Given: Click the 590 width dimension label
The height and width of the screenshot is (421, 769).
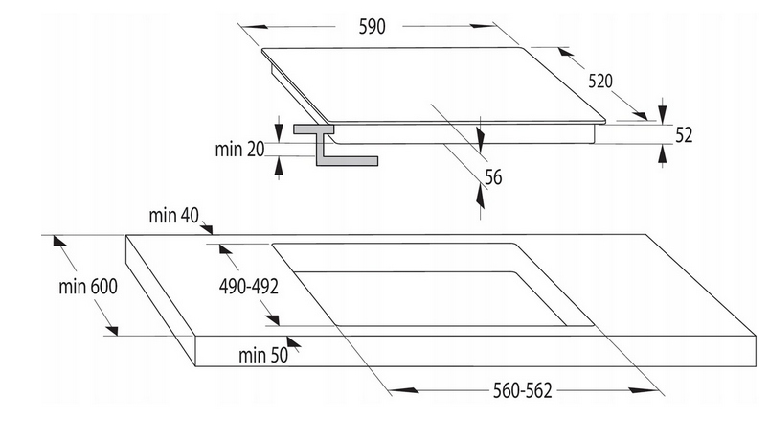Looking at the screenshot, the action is [x=373, y=27].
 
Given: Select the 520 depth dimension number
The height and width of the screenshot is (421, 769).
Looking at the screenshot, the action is [x=600, y=82].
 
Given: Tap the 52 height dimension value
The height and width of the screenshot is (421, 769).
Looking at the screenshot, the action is [x=684, y=135].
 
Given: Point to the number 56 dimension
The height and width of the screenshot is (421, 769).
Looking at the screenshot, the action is [x=493, y=177].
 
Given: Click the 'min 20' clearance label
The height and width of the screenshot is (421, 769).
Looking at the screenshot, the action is [x=239, y=149].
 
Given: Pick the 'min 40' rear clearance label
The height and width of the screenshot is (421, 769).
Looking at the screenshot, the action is [x=174, y=215].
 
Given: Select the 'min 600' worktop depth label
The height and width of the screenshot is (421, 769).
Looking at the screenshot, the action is [x=88, y=287].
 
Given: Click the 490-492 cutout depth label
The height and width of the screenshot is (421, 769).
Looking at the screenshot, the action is [x=249, y=287].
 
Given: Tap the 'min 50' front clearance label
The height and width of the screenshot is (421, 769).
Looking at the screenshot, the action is [x=263, y=355].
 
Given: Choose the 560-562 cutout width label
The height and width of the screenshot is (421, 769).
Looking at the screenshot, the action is [x=522, y=390].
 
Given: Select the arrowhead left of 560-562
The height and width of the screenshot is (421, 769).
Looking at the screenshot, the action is [x=407, y=390].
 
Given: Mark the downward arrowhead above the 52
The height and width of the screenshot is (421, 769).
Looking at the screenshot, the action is [x=663, y=114].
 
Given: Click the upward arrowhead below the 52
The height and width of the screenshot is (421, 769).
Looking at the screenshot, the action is [x=663, y=154].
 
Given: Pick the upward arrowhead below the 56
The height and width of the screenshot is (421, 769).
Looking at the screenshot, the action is [x=480, y=197].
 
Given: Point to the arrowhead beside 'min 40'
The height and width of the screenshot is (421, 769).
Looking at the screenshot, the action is [x=207, y=229].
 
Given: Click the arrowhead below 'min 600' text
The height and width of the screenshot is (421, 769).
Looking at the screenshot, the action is [x=111, y=330].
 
